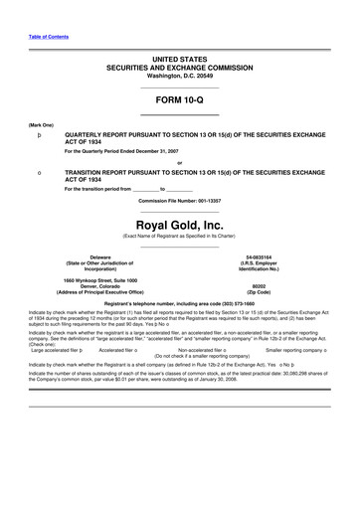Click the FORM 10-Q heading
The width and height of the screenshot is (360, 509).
click(179, 100)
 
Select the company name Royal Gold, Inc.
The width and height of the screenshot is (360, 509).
click(179, 197)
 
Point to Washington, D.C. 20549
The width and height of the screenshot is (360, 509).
click(179, 76)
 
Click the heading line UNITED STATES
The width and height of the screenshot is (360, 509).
click(179, 61)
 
